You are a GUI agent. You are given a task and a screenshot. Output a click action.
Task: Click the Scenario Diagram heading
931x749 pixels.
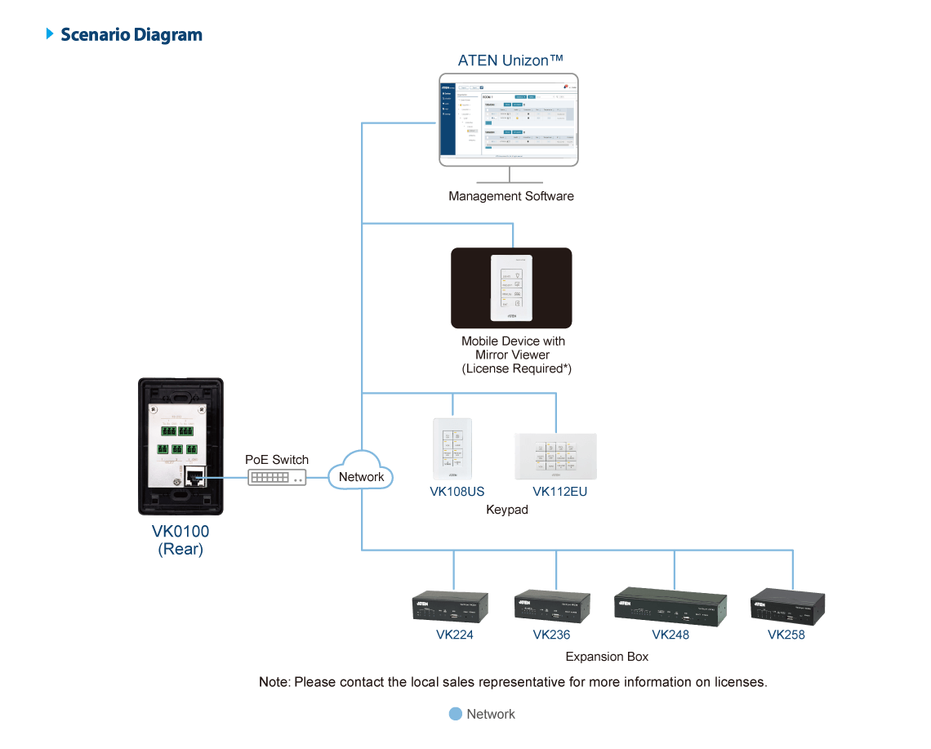pyautogui.click(x=131, y=34)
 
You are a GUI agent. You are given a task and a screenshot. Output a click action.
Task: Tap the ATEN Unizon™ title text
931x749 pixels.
pyautogui.click(x=511, y=61)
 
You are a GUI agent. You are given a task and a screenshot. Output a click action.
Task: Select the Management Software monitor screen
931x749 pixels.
pyautogui.click(x=509, y=119)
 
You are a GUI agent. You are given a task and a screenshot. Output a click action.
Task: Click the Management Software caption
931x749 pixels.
pyautogui.click(x=511, y=196)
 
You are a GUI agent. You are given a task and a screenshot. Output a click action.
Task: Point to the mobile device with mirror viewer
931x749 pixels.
pyautogui.click(x=511, y=288)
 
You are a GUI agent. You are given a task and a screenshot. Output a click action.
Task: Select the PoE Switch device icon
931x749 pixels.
pyautogui.click(x=278, y=477)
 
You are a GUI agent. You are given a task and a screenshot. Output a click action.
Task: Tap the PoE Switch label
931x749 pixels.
pyautogui.click(x=277, y=460)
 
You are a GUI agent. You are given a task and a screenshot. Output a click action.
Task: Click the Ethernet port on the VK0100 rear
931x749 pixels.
pyautogui.click(x=195, y=478)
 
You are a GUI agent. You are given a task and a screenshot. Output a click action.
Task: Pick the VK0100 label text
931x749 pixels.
pyautogui.click(x=180, y=532)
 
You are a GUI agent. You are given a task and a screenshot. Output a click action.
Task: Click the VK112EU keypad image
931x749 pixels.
pyautogui.click(x=555, y=456)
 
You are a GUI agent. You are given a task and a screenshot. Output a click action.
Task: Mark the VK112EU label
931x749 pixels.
pyautogui.click(x=559, y=492)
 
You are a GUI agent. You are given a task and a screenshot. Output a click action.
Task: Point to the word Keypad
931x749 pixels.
pyautogui.click(x=507, y=510)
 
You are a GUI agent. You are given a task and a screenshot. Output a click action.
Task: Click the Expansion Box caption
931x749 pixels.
pyautogui.click(x=607, y=657)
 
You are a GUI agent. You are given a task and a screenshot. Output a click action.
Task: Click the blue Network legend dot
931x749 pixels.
pyautogui.click(x=456, y=714)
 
